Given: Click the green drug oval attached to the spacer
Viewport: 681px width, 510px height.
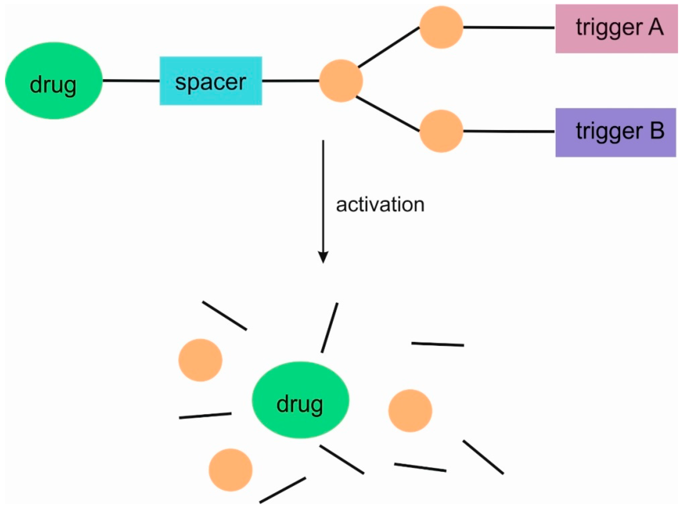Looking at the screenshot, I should [x=54, y=81].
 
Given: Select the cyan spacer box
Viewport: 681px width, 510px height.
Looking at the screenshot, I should [x=211, y=81].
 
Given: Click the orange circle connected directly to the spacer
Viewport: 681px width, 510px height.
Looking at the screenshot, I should [x=341, y=81].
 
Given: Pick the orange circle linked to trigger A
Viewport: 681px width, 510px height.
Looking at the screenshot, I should [x=441, y=27].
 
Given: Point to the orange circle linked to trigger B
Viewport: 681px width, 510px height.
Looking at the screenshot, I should [x=441, y=131].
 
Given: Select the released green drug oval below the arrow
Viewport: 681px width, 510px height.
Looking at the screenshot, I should [x=300, y=400].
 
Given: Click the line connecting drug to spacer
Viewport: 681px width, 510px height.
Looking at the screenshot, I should [x=131, y=81].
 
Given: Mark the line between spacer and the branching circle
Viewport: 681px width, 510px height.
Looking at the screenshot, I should [x=290, y=81].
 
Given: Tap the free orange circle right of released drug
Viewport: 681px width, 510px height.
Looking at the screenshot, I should [x=410, y=411].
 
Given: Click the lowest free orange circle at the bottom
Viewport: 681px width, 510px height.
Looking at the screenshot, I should [x=230, y=470].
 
